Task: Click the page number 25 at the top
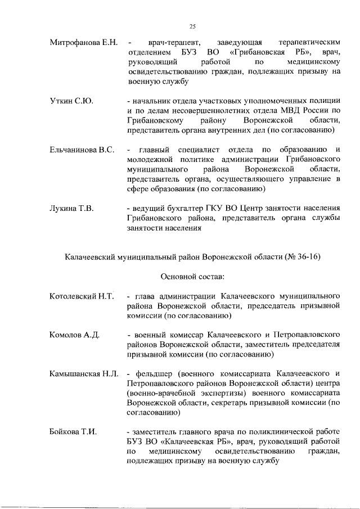(192, 26)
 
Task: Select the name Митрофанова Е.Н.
(83, 43)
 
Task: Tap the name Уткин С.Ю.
(71, 101)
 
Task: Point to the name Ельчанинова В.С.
(82, 150)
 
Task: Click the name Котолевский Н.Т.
(82, 296)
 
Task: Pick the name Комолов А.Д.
(74, 335)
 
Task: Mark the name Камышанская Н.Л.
(83, 374)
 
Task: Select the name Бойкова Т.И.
(73, 432)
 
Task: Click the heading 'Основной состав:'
(193, 276)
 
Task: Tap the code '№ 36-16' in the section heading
(304, 256)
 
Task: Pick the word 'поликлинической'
(260, 432)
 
